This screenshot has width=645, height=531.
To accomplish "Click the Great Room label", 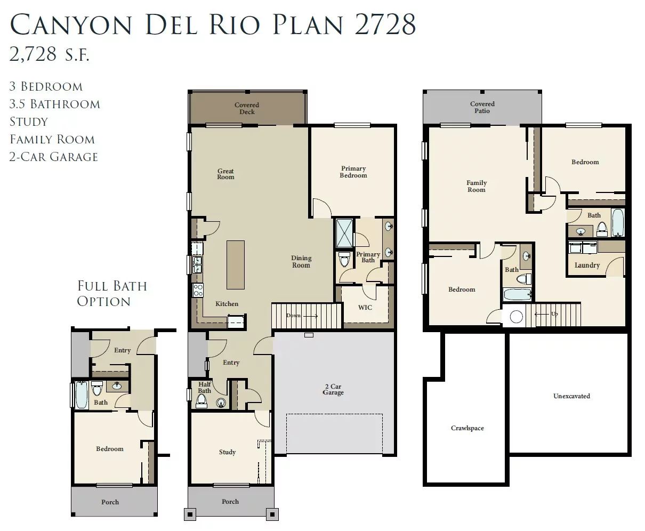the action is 225,174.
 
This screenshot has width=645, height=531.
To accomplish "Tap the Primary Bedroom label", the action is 353,172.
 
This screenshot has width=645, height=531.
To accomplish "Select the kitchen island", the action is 236,264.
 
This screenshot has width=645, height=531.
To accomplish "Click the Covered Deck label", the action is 247,108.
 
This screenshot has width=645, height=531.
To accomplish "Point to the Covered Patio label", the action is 482,107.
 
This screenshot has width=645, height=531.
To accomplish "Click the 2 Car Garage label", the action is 333,389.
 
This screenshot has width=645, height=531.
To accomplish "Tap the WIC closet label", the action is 365,308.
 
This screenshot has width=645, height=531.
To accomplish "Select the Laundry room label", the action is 587,265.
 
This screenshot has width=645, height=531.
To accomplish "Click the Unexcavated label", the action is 571,396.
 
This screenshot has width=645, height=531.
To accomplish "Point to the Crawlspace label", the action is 467,428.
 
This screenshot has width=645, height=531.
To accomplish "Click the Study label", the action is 227,452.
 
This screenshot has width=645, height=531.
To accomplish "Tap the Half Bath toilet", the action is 201,401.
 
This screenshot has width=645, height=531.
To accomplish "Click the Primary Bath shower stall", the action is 344,233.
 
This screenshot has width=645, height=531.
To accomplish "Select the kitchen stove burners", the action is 198,290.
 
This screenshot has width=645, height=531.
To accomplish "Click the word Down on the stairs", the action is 293,316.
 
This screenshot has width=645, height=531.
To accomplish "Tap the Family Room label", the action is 477,186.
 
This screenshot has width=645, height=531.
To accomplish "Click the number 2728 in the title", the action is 385,25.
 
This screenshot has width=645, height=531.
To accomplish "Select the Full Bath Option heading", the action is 112,294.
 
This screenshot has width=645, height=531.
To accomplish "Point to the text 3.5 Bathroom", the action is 55,104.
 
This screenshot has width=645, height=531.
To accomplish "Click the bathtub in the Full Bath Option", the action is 82,395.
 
